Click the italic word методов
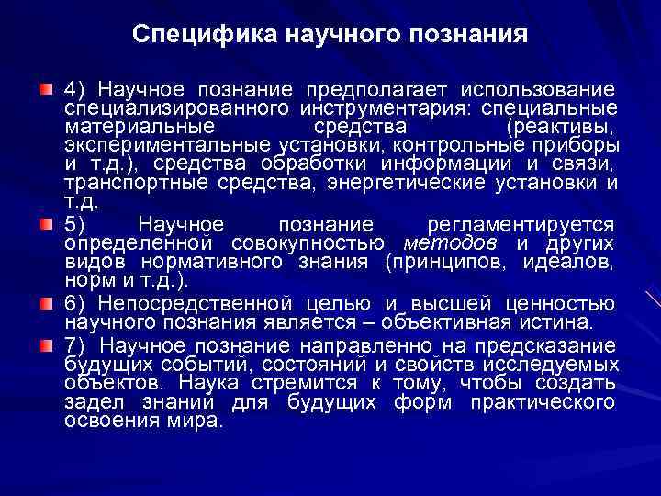(451, 242)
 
